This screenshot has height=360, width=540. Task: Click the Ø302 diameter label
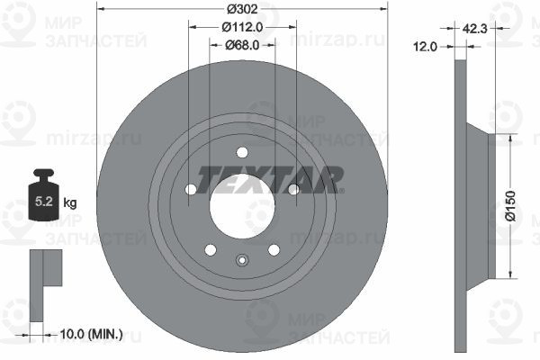[x=242, y=9]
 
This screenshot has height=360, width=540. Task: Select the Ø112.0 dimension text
[x=242, y=27]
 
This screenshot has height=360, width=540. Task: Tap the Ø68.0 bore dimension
[x=242, y=45]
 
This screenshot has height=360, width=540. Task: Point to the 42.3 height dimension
[x=474, y=29]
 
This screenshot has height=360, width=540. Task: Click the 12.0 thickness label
[x=426, y=47]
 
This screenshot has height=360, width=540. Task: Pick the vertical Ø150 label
[x=510, y=206]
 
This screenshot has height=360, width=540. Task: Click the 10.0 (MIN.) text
[x=91, y=334]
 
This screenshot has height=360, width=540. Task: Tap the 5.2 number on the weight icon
[x=44, y=202]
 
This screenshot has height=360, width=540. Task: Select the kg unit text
[x=70, y=202]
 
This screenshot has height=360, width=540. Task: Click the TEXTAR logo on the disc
[x=270, y=180]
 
